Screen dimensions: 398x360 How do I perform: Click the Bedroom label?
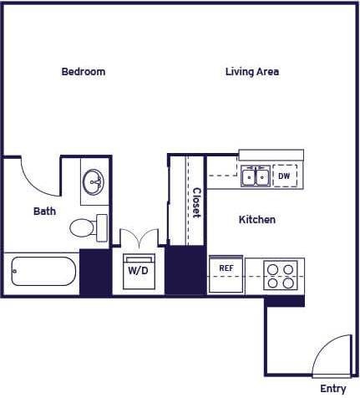[84, 72]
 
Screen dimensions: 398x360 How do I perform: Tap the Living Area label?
[251, 72]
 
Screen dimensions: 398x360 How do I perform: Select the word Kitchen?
[257, 220]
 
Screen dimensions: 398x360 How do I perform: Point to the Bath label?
[44, 212]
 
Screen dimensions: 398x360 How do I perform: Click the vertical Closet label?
[196, 202]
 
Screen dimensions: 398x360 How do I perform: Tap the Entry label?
[332, 389]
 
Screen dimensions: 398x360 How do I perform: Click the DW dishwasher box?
[284, 176]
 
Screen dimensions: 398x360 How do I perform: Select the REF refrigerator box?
[226, 273]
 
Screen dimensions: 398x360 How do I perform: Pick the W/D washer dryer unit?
[139, 272]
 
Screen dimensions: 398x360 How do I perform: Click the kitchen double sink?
[256, 176]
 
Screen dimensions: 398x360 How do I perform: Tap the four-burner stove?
[281, 275]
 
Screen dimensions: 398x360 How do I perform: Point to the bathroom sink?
[94, 181]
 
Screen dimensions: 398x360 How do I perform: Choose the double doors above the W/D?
[138, 238]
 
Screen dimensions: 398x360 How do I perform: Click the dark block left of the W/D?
[95, 271]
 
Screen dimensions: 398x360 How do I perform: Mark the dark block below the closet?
[185, 269]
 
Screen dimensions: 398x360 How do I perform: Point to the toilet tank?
[102, 227]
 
